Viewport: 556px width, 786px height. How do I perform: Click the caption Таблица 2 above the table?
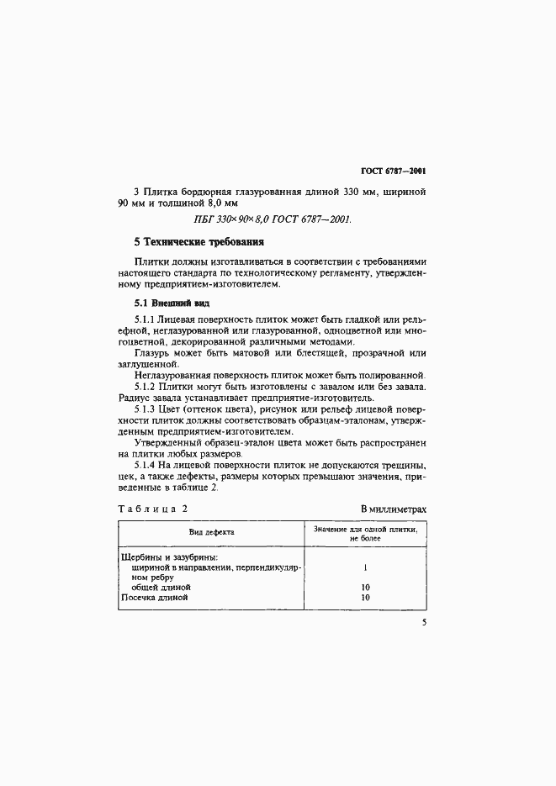[153, 509]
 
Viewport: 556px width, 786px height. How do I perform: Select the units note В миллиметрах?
[394, 509]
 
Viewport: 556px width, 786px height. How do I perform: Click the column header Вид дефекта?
[211, 532]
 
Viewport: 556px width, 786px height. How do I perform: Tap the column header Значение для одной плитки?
[365, 532]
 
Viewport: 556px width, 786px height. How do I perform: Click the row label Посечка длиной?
[154, 598]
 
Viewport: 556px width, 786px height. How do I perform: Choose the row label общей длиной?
[162, 587]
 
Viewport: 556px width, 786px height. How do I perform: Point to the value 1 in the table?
[365, 567]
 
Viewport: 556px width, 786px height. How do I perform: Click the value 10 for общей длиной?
[365, 587]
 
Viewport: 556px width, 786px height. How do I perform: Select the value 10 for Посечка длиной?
[365, 598]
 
